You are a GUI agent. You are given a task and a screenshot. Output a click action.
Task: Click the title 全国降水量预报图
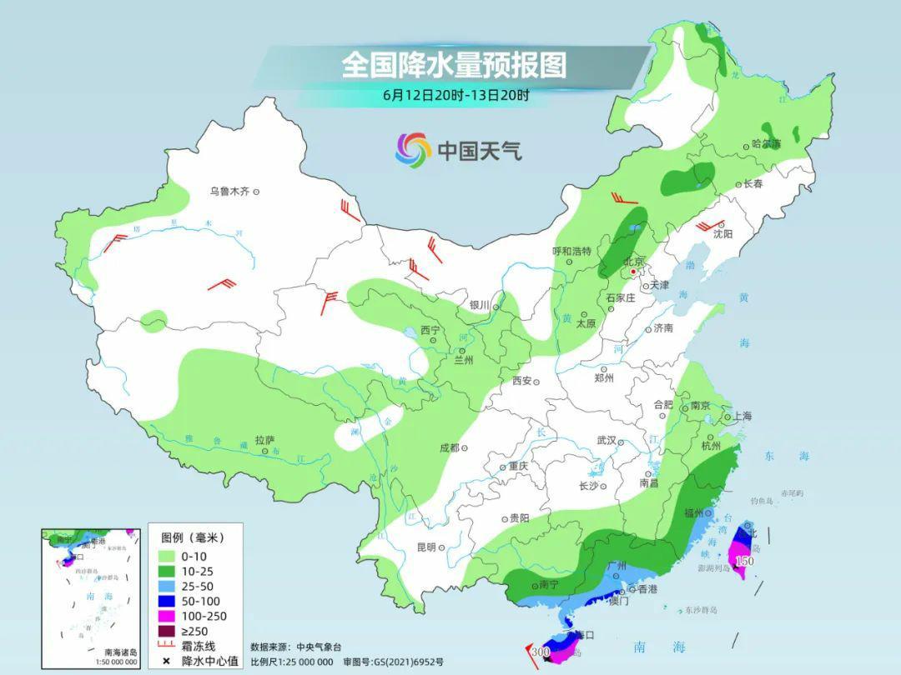click(454, 65)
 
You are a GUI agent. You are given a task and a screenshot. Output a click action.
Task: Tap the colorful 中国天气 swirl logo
click(413, 150)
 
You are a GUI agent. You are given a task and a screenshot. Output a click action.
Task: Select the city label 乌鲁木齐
click(229, 192)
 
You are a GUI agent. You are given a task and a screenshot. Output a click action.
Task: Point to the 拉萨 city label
click(264, 440)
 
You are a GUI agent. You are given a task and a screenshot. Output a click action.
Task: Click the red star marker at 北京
click(634, 272)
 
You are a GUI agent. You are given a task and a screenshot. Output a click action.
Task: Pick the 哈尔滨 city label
click(766, 143)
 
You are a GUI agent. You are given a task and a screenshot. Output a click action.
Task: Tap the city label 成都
click(449, 447)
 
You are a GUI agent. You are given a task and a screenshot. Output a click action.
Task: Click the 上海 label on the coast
click(742, 416)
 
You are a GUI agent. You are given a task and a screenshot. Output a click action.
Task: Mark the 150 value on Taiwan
click(743, 562)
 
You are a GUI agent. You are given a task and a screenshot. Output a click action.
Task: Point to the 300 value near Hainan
click(540, 652)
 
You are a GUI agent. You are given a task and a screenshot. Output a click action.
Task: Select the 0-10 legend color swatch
click(165, 555)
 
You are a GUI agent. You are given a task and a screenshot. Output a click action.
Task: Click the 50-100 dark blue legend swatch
click(165, 601)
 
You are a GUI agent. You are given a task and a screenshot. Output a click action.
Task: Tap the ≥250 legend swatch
click(165, 631)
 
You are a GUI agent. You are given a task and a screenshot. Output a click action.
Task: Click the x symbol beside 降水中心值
click(165, 661)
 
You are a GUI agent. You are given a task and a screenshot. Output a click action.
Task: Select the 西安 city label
click(522, 381)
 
